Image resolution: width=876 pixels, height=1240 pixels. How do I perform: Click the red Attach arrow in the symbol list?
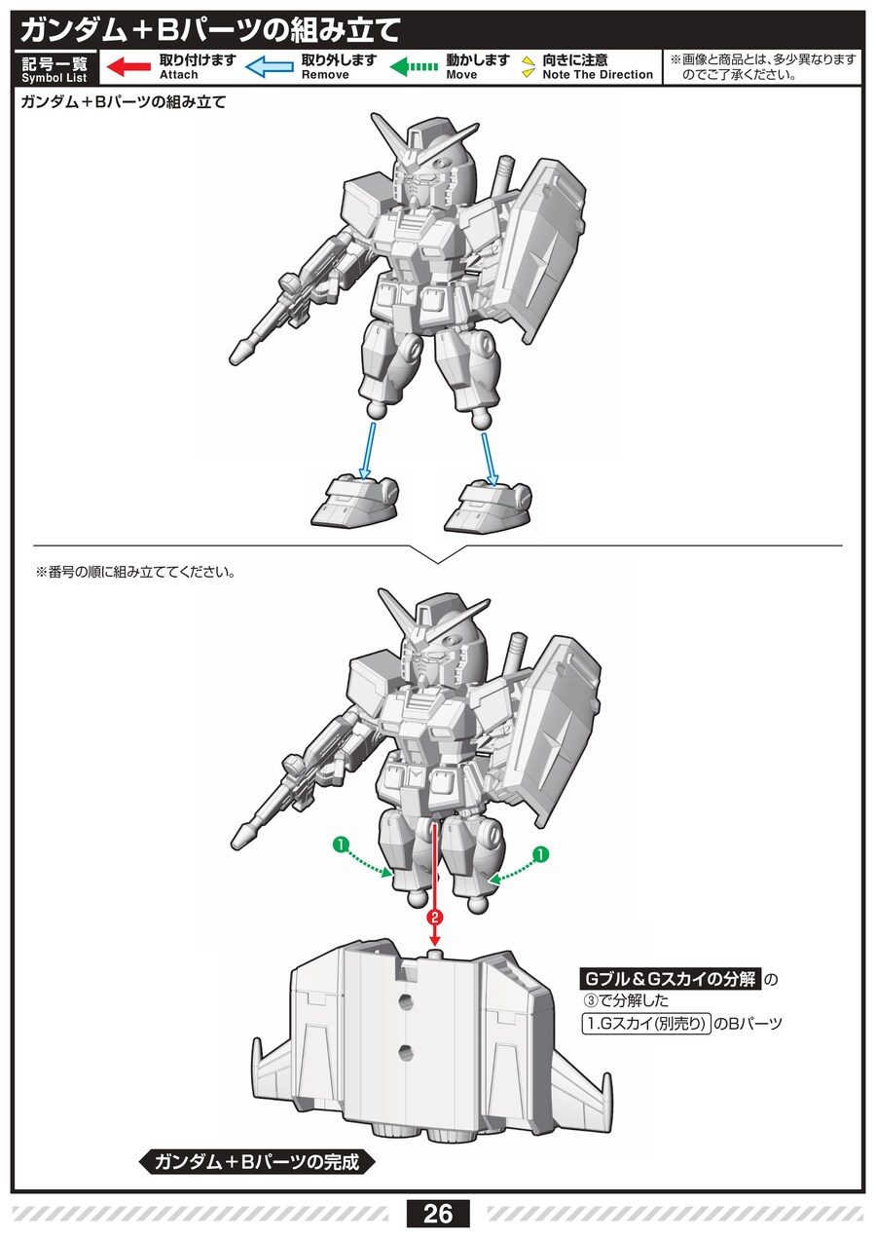coord(128,67)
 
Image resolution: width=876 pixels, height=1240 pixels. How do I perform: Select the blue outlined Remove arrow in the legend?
coord(270,67)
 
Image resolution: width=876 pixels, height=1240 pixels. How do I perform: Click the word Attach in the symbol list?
coord(179,75)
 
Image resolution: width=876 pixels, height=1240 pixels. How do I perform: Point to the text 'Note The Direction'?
coord(598,75)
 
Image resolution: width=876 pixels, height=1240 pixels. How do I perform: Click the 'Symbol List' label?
coord(55,78)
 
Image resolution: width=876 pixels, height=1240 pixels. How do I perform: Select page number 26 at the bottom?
coord(437,1214)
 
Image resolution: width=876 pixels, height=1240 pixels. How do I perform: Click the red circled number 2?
coord(435,918)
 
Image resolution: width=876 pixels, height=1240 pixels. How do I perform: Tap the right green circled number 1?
coord(540,854)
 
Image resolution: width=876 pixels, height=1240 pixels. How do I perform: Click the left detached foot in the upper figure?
coord(354,501)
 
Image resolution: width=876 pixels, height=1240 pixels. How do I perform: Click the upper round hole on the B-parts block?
coord(405,1000)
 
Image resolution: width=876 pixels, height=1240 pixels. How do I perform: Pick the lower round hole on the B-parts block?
coord(405,1050)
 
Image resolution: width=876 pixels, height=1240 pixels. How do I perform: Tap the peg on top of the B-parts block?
coord(435,954)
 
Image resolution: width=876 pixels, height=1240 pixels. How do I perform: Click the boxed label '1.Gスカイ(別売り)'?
coord(646,1024)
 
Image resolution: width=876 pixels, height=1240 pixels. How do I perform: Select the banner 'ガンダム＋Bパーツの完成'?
coord(257,1161)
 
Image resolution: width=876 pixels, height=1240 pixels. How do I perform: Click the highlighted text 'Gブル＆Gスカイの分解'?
coord(671,979)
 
